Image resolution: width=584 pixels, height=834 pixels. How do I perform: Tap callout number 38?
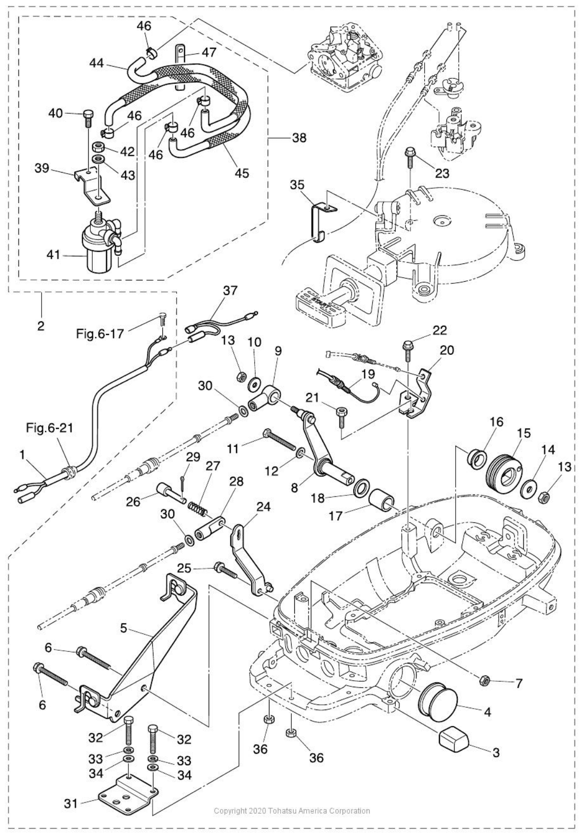click(299, 137)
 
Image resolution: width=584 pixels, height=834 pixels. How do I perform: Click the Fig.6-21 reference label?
click(50, 428)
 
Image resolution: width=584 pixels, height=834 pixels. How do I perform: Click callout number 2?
click(41, 325)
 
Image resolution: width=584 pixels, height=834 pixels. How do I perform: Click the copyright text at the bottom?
click(292, 811)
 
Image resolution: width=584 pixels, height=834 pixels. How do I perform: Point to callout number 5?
click(123, 628)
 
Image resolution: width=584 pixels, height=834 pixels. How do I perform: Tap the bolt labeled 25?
click(225, 570)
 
